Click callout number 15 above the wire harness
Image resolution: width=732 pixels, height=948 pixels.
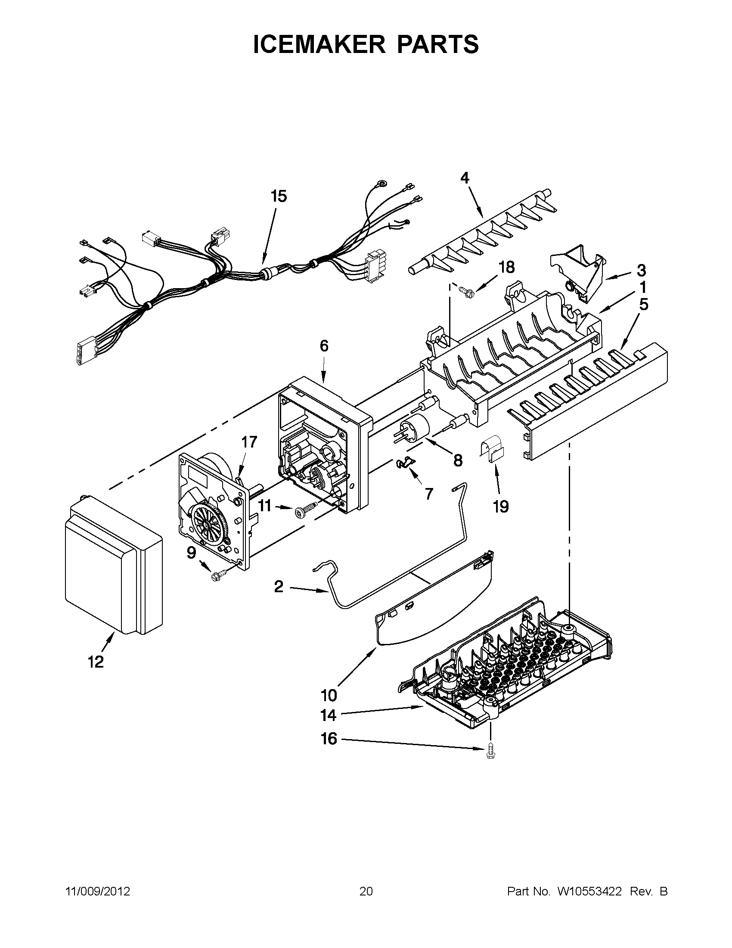[x=279, y=196]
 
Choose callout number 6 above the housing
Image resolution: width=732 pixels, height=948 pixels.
[x=324, y=346]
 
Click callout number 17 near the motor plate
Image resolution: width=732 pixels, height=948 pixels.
[x=249, y=442]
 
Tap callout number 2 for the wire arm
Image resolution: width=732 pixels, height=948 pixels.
[x=279, y=587]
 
